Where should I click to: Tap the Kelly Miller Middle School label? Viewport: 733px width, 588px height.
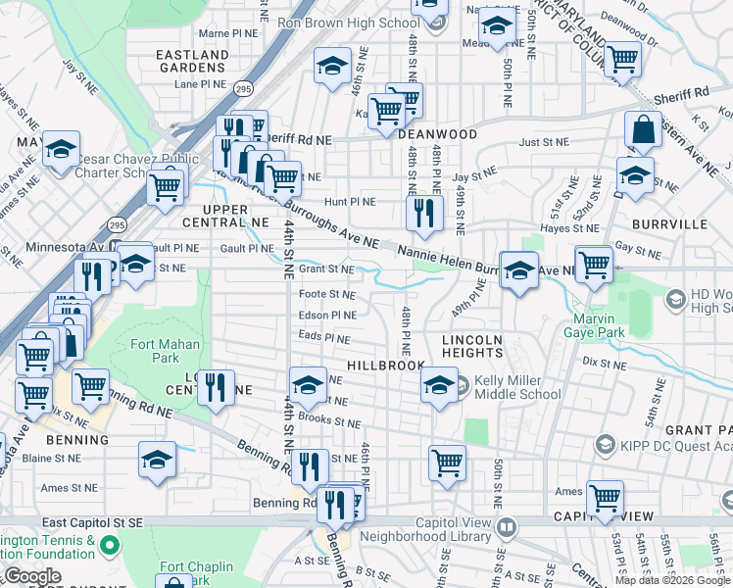[x=517, y=387]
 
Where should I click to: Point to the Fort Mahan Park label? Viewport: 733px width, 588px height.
[x=165, y=351]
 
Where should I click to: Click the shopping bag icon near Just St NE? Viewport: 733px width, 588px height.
[x=644, y=129]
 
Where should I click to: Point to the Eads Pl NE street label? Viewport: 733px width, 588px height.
[x=324, y=338]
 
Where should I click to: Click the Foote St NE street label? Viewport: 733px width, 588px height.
[x=326, y=293]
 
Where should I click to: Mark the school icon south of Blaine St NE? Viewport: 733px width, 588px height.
[x=157, y=461]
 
